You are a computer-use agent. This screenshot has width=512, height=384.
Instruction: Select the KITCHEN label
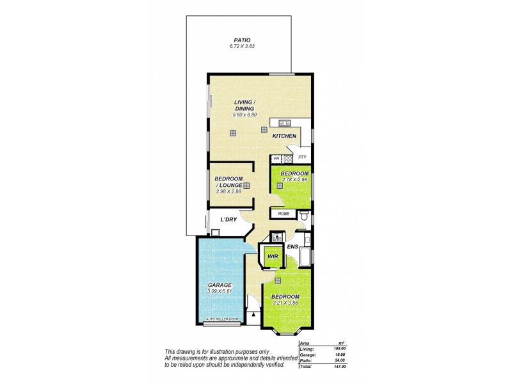click(284, 137)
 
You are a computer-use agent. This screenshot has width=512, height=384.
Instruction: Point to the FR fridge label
click(276, 158)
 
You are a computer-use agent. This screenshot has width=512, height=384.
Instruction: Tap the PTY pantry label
click(302, 157)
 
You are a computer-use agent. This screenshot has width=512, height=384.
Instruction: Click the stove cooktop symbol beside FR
click(288, 158)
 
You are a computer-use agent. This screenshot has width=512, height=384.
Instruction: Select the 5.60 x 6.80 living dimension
click(244, 115)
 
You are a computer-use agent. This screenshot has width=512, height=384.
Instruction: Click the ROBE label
click(284, 214)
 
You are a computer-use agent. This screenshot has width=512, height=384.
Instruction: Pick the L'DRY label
click(228, 220)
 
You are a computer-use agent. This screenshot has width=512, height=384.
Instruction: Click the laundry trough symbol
click(214, 232)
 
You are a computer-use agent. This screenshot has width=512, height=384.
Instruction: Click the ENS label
click(292, 246)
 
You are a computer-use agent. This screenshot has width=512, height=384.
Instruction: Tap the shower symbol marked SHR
click(276, 237)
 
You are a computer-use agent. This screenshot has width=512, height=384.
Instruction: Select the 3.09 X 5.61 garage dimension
click(219, 291)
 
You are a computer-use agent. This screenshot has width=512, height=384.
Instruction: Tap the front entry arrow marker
click(254, 314)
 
